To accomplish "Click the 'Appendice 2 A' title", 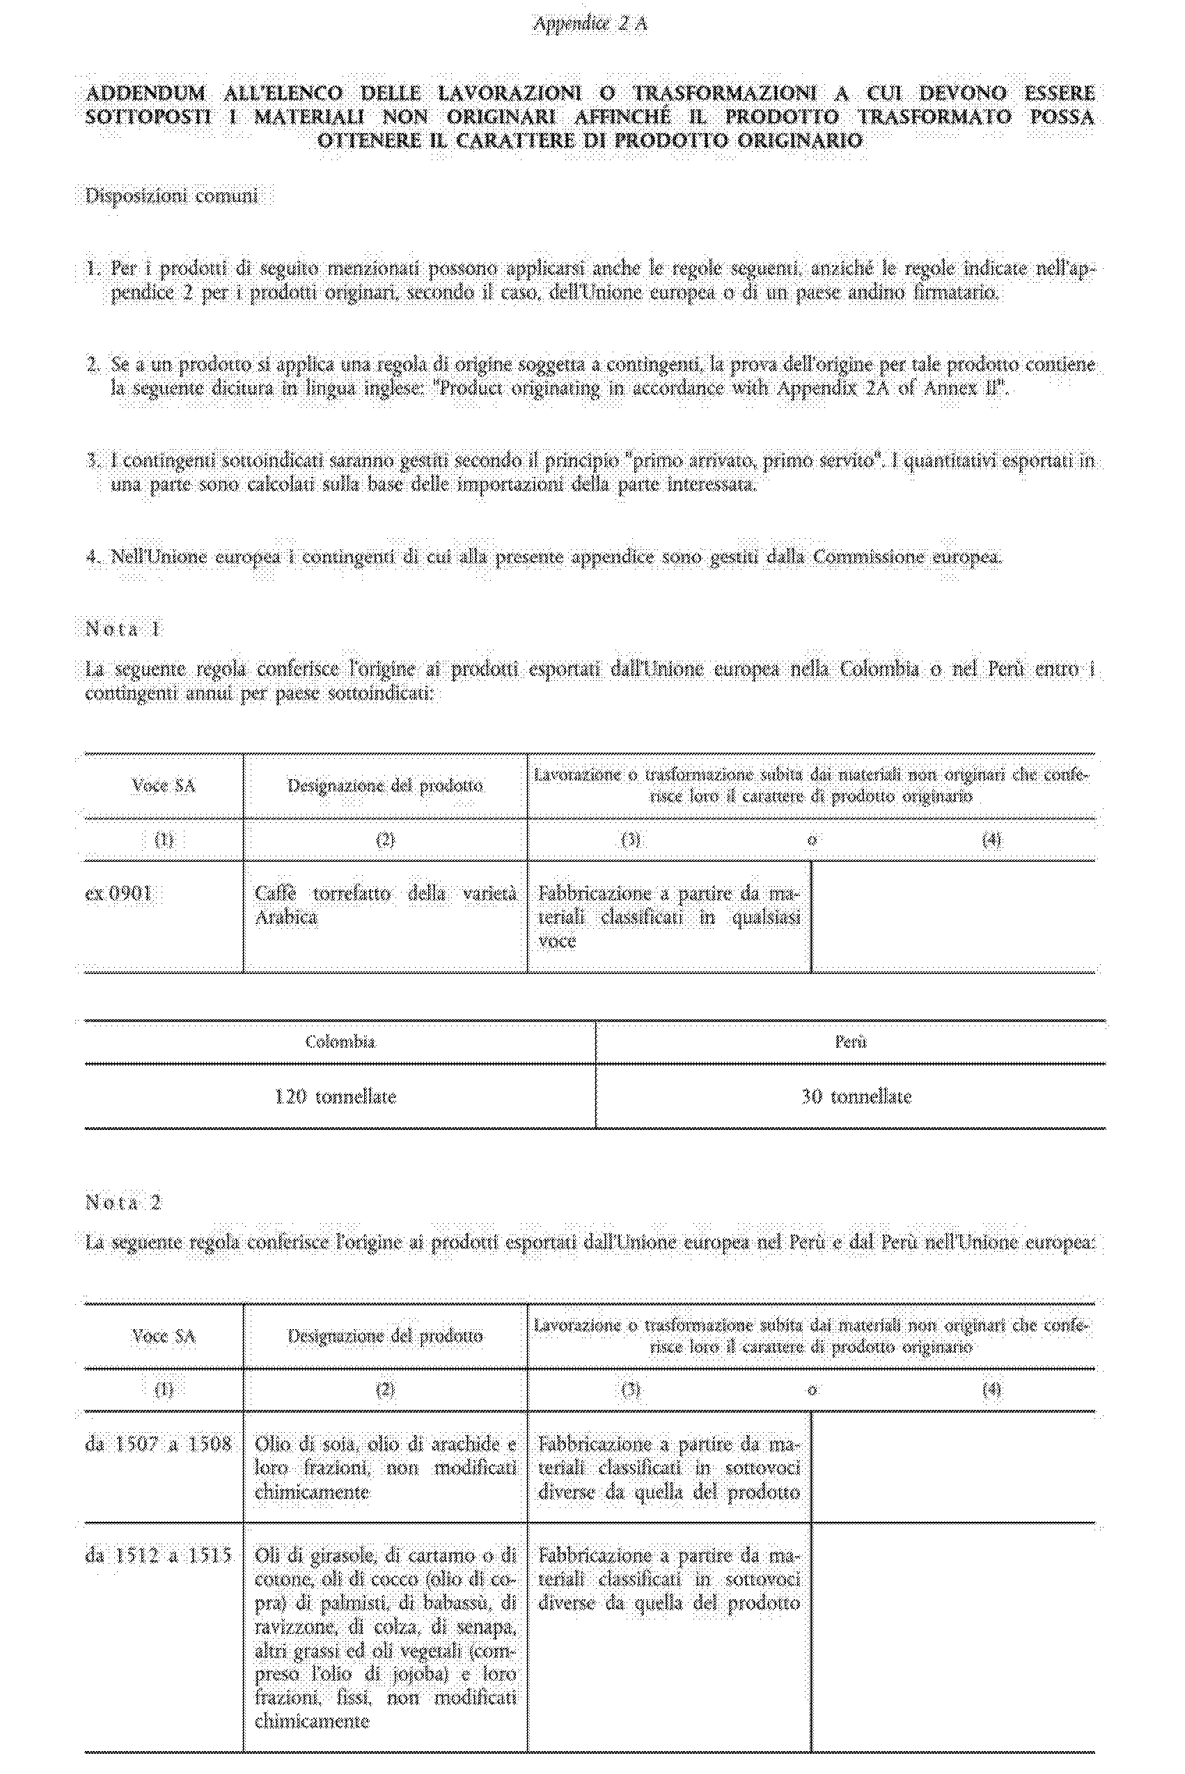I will pos(590,24).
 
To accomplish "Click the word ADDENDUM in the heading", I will pos(145,94).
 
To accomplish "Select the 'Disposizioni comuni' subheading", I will pos(171,196).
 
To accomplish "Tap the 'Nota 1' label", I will pos(124,629).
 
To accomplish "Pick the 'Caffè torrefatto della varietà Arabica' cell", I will pos(386,905).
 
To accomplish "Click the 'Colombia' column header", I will pos(340,1042).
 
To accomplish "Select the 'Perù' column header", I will pos(850,1042).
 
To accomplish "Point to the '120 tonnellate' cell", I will pos(336,1097).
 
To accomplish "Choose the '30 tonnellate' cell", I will pos(856,1097).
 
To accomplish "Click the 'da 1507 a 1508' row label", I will pos(158,1445).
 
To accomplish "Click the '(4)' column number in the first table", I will pos(991,840).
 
